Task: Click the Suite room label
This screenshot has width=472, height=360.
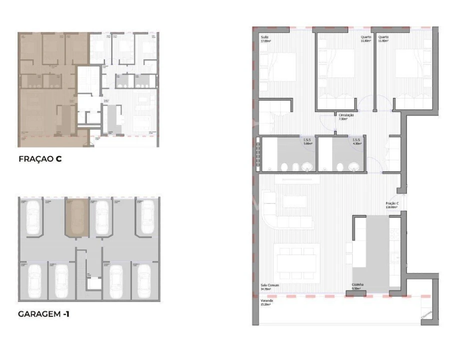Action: pos(265,37)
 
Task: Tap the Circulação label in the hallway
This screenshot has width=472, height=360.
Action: pos(346,115)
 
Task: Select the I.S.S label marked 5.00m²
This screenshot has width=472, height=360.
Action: pos(307,140)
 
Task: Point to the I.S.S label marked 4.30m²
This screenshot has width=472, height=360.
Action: pos(356,140)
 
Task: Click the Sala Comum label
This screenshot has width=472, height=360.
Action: pos(269,285)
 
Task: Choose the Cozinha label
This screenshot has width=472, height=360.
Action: pos(357,285)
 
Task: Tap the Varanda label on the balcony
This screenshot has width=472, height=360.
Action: pos(266,300)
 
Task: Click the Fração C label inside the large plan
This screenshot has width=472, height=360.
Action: pos(392,203)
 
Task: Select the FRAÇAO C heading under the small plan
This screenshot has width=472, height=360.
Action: pos(40,159)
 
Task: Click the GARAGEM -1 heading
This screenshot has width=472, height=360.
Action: pos(42,314)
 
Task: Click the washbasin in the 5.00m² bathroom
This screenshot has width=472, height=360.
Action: pos(308,166)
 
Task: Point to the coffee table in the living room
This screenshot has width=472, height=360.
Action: pos(295,201)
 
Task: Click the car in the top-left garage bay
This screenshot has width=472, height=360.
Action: pos(33,217)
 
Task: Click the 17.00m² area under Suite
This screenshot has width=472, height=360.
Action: pos(266,41)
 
